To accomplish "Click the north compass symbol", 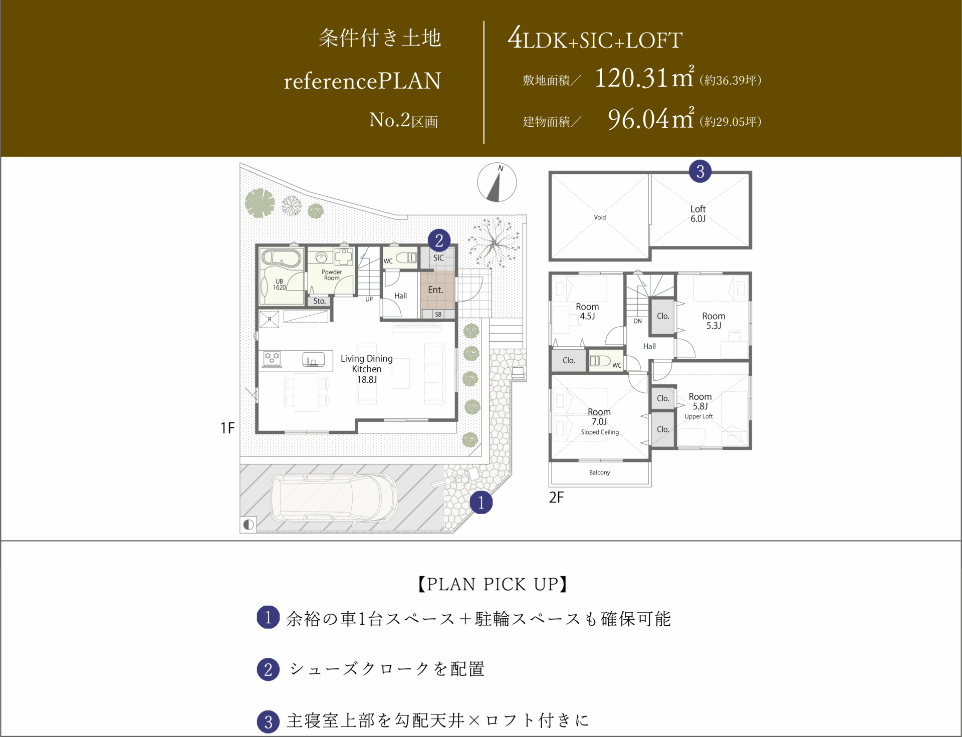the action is point(497,182).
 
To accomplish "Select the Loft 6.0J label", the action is point(698,214).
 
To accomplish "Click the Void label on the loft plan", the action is point(600,217).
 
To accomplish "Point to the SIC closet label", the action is point(438,258).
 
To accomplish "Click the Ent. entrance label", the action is point(435,290).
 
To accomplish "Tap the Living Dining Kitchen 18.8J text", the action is point(367,369).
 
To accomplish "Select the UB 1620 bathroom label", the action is point(280,285).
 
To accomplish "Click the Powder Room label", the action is point(332,275).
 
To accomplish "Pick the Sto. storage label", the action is point(320,301).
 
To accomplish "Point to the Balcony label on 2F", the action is point(600,472).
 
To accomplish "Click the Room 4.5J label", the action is point(587,311).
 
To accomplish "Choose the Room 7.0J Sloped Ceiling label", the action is point(600,421).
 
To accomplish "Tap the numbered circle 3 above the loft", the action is point(700,171).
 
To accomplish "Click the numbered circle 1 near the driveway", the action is point(481,502).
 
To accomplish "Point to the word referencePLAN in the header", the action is point(363,81).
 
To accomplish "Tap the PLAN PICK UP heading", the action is point(493,584).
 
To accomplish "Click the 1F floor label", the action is point(227,428).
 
